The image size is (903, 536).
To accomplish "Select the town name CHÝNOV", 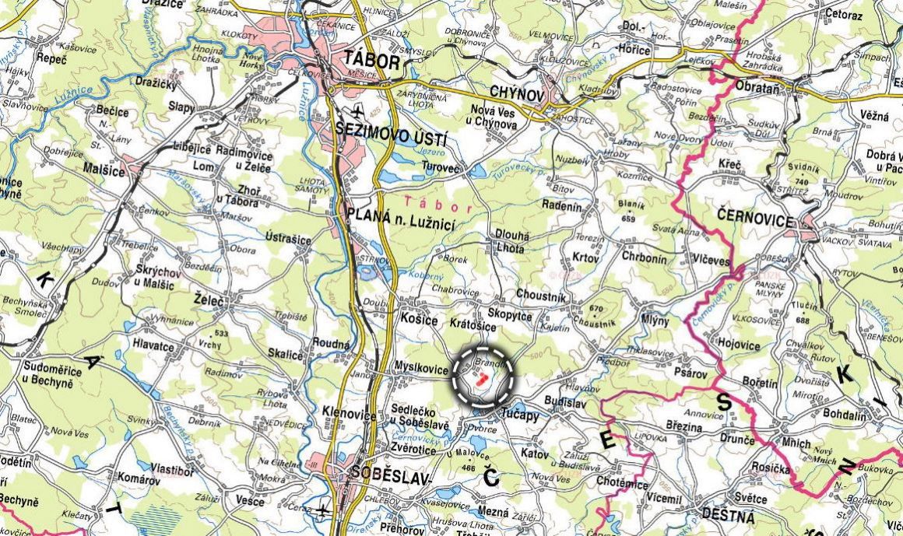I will coord(516,93).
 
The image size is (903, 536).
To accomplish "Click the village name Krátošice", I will coord(473,322).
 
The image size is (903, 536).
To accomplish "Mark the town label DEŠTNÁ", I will coord(728,516).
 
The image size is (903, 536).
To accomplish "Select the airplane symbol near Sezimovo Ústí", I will coord(357,108).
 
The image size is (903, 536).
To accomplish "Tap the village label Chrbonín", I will coord(645,257).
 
